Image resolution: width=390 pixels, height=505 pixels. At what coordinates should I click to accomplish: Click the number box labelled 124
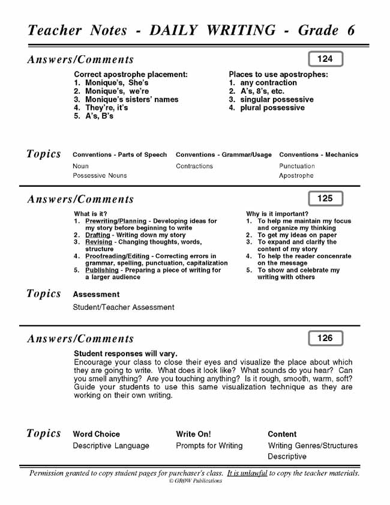(325, 59)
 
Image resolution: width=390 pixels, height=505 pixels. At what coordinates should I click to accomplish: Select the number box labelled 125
(325, 198)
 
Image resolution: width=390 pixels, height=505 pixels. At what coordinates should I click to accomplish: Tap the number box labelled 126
(325, 338)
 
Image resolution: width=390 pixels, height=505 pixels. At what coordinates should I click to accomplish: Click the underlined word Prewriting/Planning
(116, 221)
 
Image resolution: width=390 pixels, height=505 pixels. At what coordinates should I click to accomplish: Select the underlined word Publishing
(102, 270)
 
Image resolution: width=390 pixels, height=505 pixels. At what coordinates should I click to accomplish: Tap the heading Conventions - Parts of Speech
(120, 155)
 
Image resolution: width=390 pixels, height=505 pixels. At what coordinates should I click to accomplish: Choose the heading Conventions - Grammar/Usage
(224, 155)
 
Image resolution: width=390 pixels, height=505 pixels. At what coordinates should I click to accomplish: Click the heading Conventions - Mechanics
(319, 155)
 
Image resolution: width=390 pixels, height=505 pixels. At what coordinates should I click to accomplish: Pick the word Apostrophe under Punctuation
(296, 176)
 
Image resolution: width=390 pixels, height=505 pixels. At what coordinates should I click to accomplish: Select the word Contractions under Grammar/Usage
(194, 166)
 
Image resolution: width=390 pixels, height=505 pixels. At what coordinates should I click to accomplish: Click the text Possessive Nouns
(100, 176)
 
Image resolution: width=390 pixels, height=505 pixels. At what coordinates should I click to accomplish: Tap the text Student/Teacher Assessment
(124, 307)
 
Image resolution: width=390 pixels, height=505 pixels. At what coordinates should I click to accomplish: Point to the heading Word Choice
(97, 434)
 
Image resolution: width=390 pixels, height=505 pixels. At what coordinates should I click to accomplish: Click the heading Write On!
(193, 434)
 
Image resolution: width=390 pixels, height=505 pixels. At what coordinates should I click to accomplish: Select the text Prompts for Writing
(209, 446)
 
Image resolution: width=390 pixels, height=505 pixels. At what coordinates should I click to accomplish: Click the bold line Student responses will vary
(125, 354)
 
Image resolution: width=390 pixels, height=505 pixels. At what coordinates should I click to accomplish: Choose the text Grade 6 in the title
(326, 31)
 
